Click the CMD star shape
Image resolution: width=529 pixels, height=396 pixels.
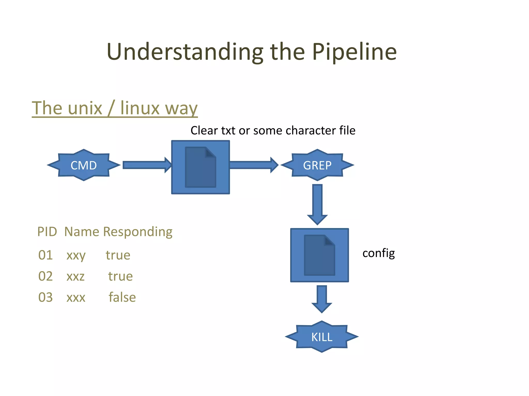(x=84, y=165)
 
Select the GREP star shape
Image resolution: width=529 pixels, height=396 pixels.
(x=317, y=165)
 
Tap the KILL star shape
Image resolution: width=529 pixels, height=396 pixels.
(x=322, y=337)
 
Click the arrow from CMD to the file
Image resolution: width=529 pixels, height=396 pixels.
(x=146, y=165)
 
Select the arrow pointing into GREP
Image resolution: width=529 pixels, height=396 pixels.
(x=253, y=165)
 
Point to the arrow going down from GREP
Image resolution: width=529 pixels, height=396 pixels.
(x=317, y=204)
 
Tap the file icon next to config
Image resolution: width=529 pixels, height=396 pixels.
(x=320, y=255)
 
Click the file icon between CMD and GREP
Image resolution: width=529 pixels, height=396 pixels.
(x=200, y=167)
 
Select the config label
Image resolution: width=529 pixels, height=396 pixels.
(x=378, y=253)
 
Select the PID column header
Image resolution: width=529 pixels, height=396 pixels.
(x=47, y=232)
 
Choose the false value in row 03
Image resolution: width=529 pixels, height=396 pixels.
(x=122, y=297)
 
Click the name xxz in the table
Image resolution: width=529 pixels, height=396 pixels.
(x=75, y=276)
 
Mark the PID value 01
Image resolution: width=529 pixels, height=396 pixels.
(x=45, y=255)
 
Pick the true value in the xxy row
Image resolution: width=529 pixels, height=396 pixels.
(x=118, y=255)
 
